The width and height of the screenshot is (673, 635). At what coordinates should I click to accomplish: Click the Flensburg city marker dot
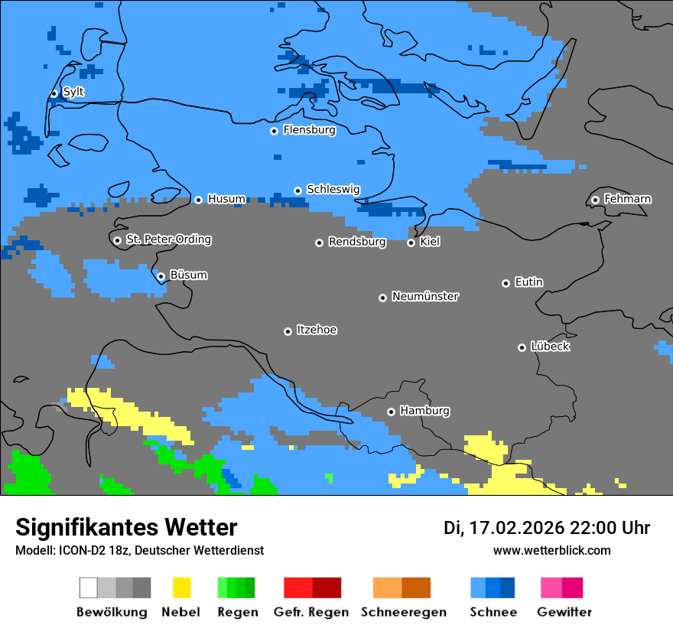(274, 131)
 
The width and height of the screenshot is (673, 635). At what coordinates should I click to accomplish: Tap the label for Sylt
(73, 92)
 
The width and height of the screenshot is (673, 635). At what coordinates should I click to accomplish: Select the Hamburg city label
(424, 411)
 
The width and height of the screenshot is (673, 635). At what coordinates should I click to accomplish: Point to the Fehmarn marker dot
(595, 200)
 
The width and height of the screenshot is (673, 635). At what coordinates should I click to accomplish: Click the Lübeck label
(550, 347)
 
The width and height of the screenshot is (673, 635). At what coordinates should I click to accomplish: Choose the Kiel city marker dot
(411, 243)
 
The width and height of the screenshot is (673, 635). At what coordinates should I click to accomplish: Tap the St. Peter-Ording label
(168, 239)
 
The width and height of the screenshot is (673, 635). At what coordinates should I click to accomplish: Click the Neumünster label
(425, 296)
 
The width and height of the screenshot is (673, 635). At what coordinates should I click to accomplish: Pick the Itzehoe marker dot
(288, 331)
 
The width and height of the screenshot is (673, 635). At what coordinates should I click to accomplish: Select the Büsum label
(188, 275)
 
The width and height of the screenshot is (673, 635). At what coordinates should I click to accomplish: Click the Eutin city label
(528, 282)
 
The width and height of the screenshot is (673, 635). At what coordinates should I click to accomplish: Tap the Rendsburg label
(357, 242)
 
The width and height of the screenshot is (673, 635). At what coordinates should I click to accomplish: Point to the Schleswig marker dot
(297, 190)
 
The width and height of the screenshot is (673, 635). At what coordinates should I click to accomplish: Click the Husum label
(226, 199)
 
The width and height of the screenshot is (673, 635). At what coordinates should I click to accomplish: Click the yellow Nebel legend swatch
(181, 588)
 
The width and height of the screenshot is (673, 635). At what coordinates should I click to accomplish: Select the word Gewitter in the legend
(564, 612)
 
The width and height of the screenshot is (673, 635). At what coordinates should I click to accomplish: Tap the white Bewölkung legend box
(89, 588)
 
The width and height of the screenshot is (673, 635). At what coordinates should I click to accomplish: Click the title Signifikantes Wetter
(126, 528)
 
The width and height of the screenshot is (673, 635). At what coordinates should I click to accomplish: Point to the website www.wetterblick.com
(551, 550)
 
